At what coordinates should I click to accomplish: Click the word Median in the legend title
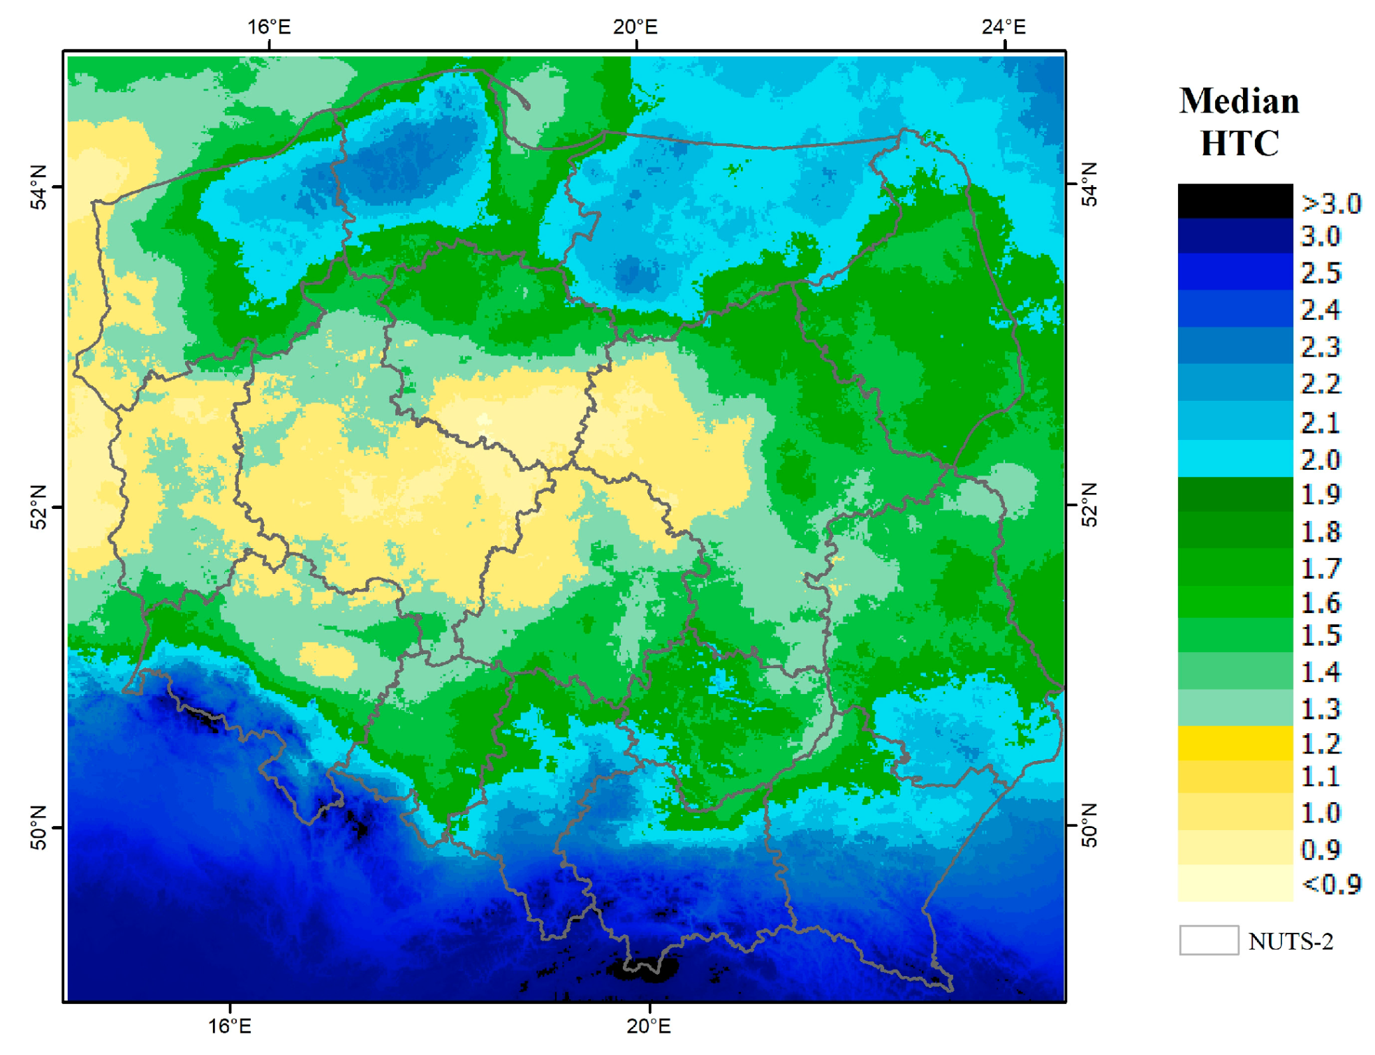click(1238, 101)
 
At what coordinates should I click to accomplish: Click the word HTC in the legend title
click(1239, 143)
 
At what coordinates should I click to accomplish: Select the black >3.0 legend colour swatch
click(1234, 201)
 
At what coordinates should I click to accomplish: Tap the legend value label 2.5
click(1320, 273)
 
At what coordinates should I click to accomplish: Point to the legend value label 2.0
click(1320, 459)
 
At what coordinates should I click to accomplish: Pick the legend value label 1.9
click(1320, 494)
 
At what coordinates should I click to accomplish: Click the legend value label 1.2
click(1320, 744)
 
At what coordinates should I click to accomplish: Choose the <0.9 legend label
click(1330, 884)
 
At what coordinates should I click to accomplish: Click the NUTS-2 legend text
click(1290, 941)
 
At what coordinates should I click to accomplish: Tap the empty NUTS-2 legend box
click(1208, 940)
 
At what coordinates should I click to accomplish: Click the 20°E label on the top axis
click(635, 27)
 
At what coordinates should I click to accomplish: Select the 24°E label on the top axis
click(1003, 27)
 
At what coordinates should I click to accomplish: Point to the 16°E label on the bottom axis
click(230, 1026)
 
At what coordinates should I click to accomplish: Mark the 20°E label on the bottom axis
click(648, 1026)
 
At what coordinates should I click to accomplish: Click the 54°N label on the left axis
click(39, 187)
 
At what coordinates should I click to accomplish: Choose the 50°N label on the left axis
click(39, 828)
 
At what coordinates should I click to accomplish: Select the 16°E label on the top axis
click(269, 27)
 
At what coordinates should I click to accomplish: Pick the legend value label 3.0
click(1320, 237)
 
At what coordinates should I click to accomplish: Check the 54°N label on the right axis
click(1089, 184)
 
